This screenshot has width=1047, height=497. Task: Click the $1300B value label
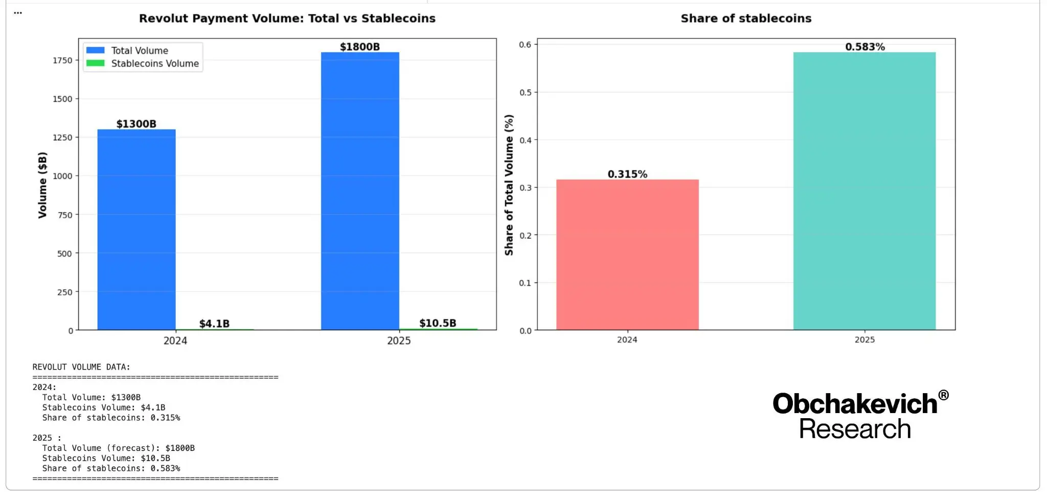tap(136, 124)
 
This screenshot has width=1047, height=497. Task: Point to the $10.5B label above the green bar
tap(438, 323)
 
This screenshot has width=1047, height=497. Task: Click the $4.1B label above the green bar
tap(214, 323)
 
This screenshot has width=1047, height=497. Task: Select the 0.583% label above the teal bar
tap(864, 47)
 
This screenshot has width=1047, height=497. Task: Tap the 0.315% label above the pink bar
tap(627, 174)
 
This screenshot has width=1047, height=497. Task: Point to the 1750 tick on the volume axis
tap(62, 60)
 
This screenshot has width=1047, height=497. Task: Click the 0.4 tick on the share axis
tap(526, 140)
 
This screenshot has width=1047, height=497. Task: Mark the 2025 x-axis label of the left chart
tap(399, 341)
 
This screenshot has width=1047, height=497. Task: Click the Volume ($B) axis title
tap(42, 185)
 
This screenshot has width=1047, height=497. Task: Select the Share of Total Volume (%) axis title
tap(509, 185)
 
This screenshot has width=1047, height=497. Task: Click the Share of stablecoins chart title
tap(746, 18)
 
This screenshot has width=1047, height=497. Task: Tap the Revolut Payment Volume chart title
tap(287, 18)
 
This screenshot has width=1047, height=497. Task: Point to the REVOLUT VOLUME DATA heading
tap(81, 367)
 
